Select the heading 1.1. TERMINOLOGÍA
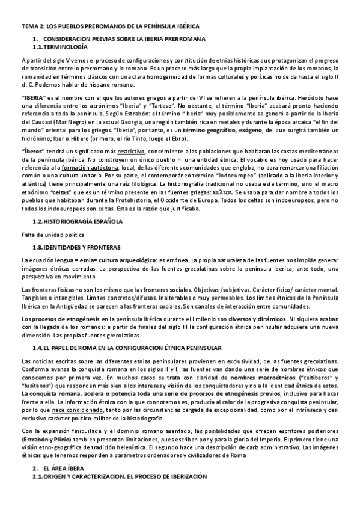coord(59,46)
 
